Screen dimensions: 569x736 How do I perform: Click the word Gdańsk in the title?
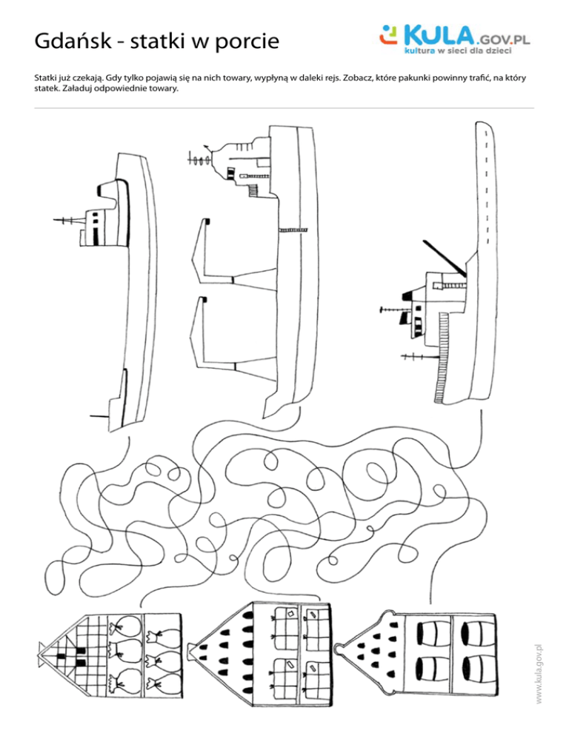point(73,41)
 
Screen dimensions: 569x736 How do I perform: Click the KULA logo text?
point(439,36)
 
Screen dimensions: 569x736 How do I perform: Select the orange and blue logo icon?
point(388,35)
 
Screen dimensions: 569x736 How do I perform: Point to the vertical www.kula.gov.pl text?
point(539,674)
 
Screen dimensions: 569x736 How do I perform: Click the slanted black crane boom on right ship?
point(445,258)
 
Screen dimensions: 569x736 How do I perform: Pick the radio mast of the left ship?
point(70,220)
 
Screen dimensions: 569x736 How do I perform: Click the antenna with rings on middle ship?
point(201,160)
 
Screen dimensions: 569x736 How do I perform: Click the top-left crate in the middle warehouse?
point(284,621)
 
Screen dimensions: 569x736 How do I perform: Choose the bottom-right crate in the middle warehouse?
point(315,676)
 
